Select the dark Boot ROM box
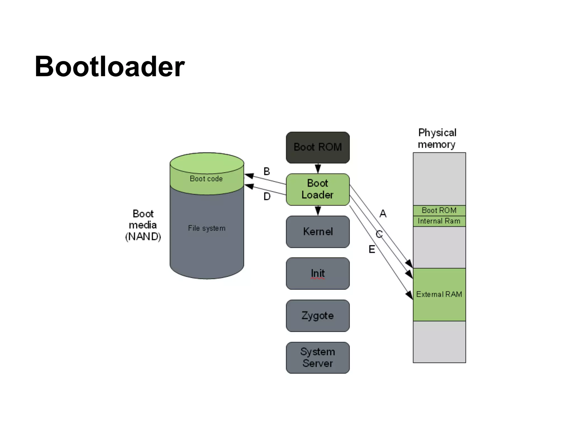tap(318, 147)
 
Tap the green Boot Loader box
tap(318, 189)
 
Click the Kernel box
tap(318, 232)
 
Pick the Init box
tap(318, 273)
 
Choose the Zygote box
tap(318, 316)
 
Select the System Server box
tap(318, 357)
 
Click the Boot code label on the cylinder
tap(206, 179)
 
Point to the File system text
tap(207, 228)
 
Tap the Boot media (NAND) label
tap(143, 225)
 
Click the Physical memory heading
tap(437, 138)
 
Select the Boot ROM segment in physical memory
tap(439, 210)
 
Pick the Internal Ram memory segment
tap(439, 221)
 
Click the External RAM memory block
tap(439, 294)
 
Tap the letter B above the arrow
tap(267, 171)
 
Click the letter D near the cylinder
tap(267, 197)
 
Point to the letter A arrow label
tap(383, 214)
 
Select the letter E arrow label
tap(372, 249)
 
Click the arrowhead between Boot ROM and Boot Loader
tap(318, 169)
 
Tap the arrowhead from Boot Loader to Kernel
tap(318, 211)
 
